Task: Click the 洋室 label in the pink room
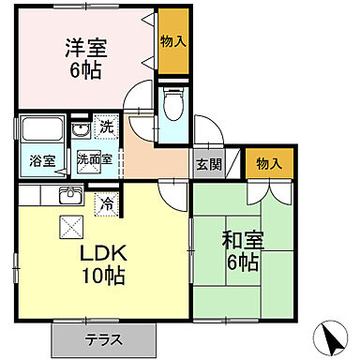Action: [x=84, y=46]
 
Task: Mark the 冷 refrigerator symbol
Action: [x=105, y=200]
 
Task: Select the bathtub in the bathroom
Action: [x=41, y=132]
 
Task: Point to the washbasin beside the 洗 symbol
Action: [x=81, y=131]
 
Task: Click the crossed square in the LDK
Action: [x=70, y=227]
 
